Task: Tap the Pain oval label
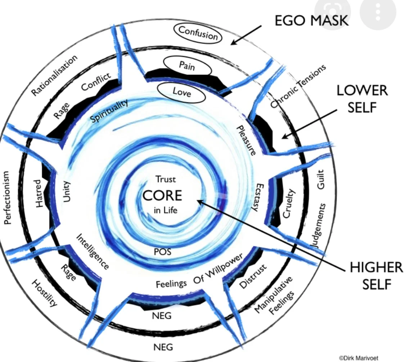[187, 66]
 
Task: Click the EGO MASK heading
[311, 21]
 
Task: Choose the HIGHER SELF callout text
[376, 275]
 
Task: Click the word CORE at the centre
[162, 196]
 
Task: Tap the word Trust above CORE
[166, 179]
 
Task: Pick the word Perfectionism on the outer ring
[8, 198]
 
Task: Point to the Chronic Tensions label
[298, 87]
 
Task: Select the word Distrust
[253, 277]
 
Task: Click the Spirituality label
[109, 111]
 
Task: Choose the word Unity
[67, 192]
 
